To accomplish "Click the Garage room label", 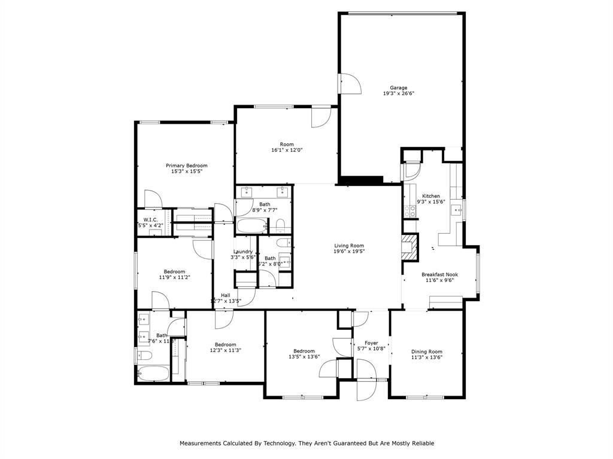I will [x=399, y=87].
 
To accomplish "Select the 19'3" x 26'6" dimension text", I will [x=399, y=94].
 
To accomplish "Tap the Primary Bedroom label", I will [x=187, y=165].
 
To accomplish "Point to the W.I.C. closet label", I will [x=150, y=219].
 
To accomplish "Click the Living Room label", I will [x=349, y=246].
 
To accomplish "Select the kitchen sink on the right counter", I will [x=456, y=209].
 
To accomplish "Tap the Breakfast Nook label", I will [x=439, y=274].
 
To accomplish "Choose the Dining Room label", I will [x=427, y=351].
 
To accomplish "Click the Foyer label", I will [x=371, y=342].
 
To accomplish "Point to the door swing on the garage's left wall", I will [x=350, y=84].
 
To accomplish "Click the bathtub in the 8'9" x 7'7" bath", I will [x=251, y=226].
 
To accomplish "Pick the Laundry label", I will [x=242, y=252].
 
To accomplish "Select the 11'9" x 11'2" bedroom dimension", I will [x=175, y=277].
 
